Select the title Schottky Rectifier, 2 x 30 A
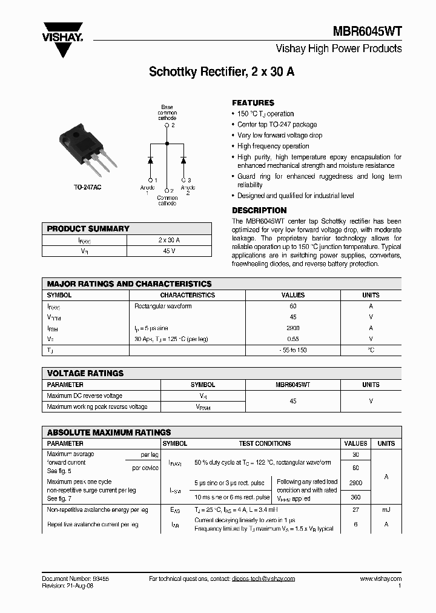coord(222,72)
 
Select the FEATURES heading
coord(253,103)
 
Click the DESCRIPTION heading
coord(259,210)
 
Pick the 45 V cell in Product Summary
coord(169,251)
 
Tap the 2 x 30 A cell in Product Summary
coord(169,240)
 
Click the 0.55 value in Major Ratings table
coord(293,339)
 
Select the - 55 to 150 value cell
coord(293,351)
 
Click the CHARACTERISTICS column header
coord(188,295)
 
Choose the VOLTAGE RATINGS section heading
coord(85,373)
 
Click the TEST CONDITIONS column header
coord(265,443)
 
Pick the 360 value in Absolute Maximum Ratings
coord(355,497)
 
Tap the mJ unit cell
coord(386,511)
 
